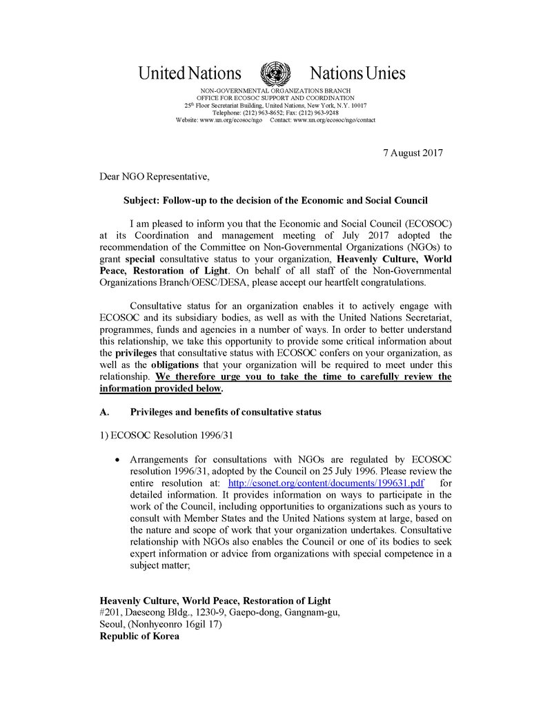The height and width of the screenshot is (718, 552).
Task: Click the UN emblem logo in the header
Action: (275, 73)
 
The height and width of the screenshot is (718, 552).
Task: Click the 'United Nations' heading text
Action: (190, 73)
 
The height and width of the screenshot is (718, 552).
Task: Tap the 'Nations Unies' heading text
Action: (357, 73)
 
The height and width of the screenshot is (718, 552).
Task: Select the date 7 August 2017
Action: (413, 153)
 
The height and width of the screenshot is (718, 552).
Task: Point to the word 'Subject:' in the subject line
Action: (142, 201)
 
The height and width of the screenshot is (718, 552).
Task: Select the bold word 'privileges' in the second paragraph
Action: (136, 352)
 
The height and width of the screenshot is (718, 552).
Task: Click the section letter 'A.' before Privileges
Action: (105, 412)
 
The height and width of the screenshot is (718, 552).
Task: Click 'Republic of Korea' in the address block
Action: (139, 637)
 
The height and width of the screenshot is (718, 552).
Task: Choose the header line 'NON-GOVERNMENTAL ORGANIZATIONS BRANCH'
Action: (275, 91)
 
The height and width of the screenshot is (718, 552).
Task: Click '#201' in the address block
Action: (111, 612)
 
